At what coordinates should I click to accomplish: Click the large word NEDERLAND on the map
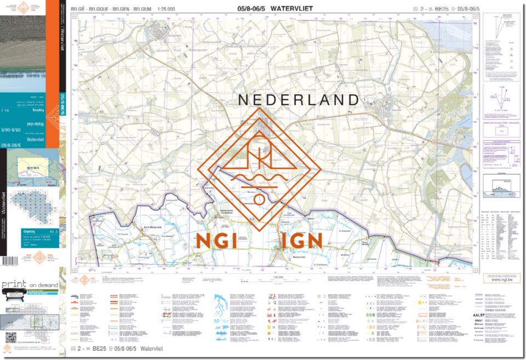[x=298, y=100]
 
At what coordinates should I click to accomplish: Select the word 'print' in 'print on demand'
[x=14, y=285]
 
